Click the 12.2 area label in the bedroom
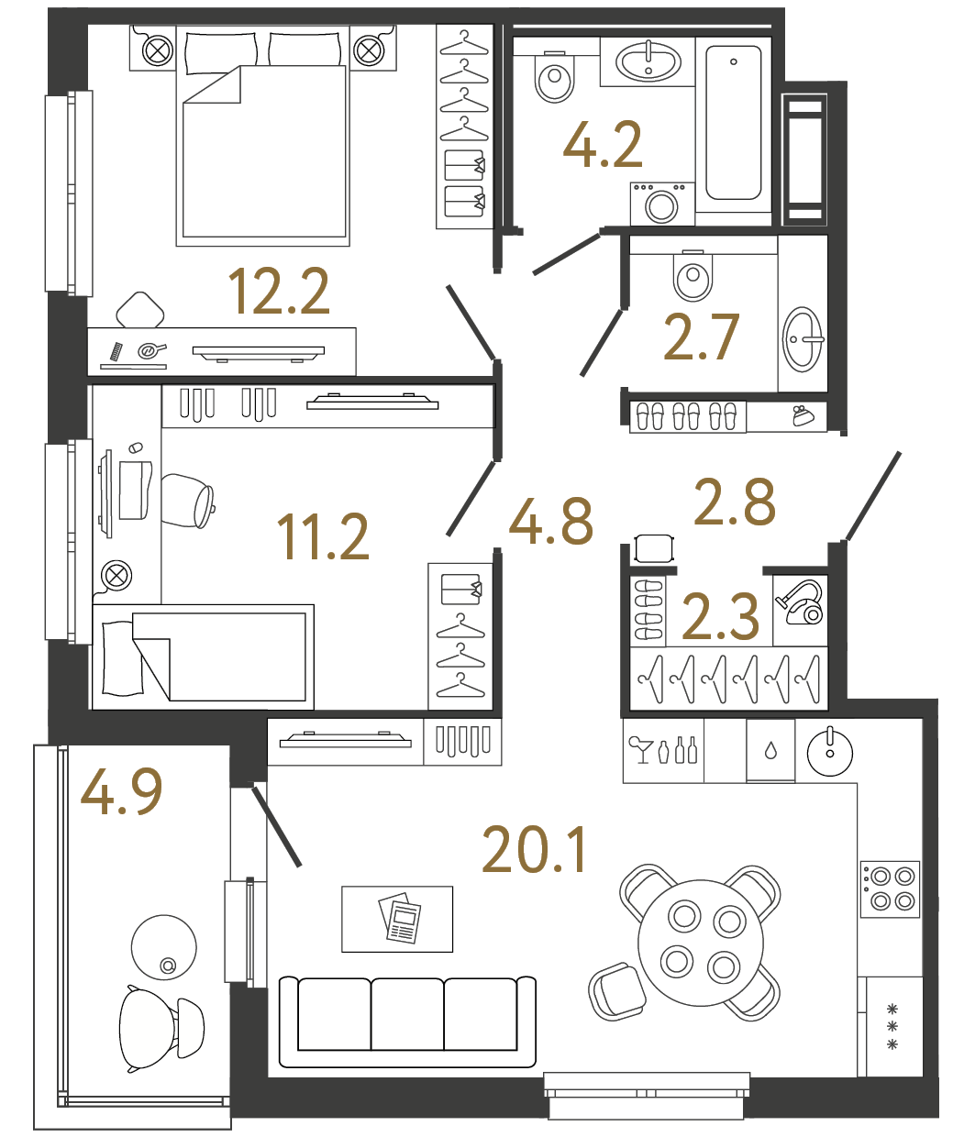(278, 292)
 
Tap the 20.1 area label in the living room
(534, 850)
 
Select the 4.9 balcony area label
(121, 791)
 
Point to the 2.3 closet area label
(721, 616)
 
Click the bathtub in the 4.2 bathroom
(733, 123)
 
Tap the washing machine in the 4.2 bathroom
(661, 204)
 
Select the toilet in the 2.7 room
(693, 275)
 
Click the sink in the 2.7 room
(803, 339)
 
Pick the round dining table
(701, 942)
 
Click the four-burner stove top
(890, 889)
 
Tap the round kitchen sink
(830, 753)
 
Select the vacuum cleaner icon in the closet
(801, 602)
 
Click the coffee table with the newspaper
(397, 919)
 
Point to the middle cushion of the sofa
(407, 1014)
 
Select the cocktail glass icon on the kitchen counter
(639, 748)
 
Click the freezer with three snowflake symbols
(892, 1027)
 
